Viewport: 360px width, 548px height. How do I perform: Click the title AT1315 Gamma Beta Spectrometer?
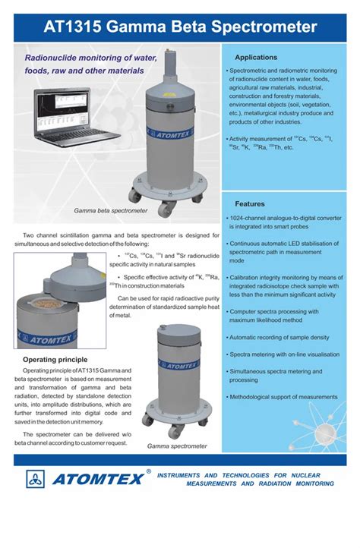point(180,27)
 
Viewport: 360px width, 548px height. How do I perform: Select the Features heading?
point(250,204)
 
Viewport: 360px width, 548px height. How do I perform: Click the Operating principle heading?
point(55,359)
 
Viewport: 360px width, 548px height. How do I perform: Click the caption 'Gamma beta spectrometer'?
point(110,210)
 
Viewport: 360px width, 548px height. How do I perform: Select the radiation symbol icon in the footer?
point(36,479)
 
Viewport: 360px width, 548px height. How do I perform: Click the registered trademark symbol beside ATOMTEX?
point(149,471)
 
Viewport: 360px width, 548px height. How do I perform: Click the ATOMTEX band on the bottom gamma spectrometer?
point(178,366)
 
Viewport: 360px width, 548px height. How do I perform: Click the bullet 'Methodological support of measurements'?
point(284,397)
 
